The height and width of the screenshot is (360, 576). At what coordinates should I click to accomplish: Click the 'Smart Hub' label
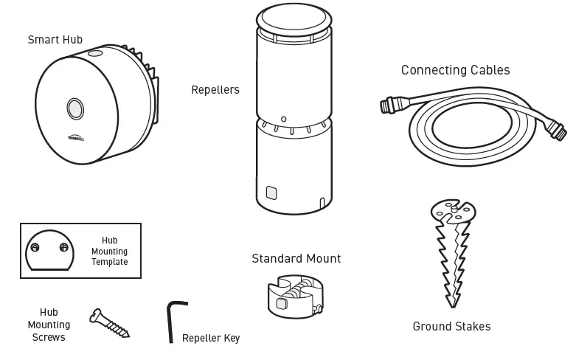[55, 40]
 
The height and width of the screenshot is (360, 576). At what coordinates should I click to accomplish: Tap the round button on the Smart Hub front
[74, 108]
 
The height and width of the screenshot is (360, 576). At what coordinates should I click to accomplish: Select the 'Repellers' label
[215, 90]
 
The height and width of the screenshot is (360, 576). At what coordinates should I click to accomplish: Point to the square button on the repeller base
[271, 193]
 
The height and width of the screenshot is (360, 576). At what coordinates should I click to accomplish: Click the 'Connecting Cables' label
[455, 70]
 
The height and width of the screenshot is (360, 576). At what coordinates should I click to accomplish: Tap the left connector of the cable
[389, 105]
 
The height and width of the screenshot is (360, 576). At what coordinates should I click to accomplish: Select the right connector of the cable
[558, 133]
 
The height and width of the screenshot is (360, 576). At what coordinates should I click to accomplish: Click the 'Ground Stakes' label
[451, 326]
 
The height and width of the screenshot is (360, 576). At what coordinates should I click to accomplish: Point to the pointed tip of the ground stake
[451, 305]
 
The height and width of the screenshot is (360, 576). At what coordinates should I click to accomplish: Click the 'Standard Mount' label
[296, 258]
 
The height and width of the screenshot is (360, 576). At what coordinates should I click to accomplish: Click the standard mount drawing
[294, 297]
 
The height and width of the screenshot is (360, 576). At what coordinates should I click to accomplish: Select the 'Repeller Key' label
[211, 339]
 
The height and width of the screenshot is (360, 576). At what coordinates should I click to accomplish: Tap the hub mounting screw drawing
[109, 323]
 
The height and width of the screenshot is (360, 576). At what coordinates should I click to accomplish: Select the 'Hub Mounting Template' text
[109, 252]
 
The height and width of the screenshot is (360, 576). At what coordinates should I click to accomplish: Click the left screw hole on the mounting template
[35, 247]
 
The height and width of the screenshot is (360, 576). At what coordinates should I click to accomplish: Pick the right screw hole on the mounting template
[63, 247]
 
